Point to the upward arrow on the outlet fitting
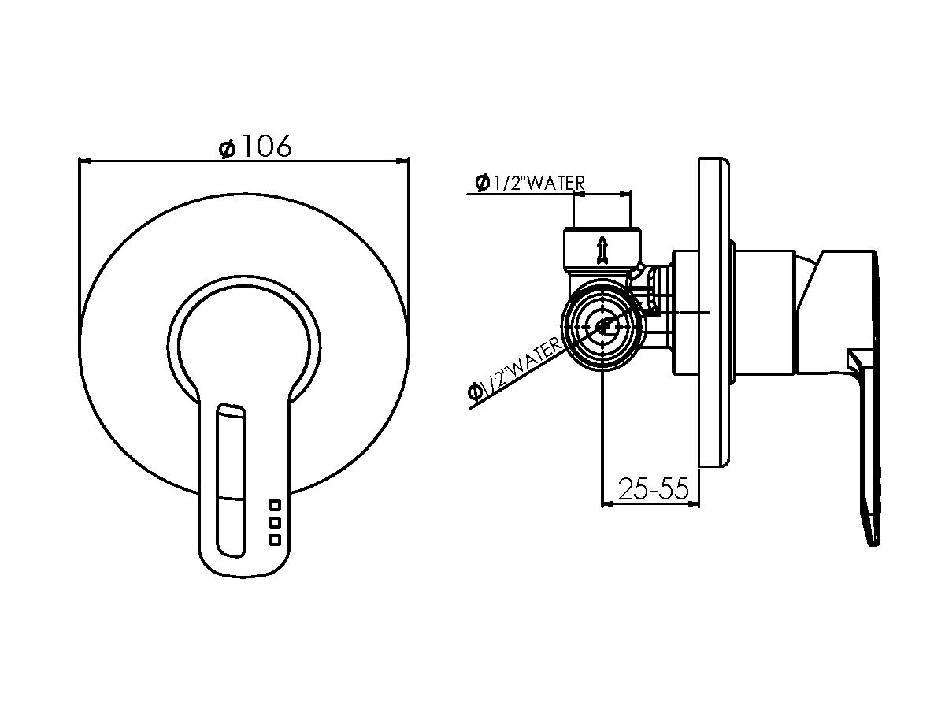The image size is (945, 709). click(602, 249)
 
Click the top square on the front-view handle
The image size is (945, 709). click(275, 505)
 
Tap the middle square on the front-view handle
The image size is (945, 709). click(275, 522)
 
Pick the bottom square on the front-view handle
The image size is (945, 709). click(275, 540)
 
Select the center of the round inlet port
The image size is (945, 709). click(602, 326)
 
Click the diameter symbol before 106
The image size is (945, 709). click(228, 149)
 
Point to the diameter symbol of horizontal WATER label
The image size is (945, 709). click(482, 183)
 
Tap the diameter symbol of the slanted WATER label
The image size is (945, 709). click(476, 392)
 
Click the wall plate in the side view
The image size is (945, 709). click(713, 312)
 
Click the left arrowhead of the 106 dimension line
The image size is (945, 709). click(85, 161)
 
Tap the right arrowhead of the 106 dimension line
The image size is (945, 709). click(402, 161)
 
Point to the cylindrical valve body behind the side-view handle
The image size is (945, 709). click(764, 312)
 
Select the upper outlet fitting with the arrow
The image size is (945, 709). click(602, 250)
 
